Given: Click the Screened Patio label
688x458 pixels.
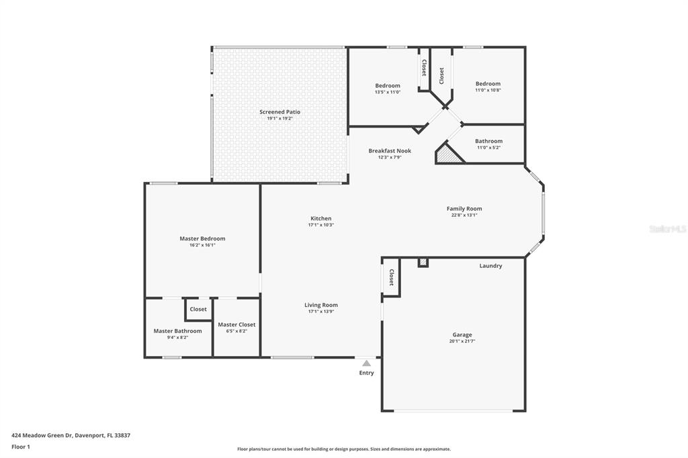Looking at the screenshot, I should click(279, 112).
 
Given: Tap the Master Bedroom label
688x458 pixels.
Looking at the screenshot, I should click(202, 238).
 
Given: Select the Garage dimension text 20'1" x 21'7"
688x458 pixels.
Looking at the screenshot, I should click(462, 341).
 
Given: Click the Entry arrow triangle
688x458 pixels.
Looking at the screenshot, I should click(366, 363).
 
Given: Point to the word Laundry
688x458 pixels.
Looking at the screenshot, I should click(490, 266).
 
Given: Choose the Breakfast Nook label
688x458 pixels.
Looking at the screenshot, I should click(390, 151).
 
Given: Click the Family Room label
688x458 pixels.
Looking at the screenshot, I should click(464, 209).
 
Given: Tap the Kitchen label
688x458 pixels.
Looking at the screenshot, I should click(320, 218).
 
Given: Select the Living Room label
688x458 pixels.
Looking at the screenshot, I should click(320, 305).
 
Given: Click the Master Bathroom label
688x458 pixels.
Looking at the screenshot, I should click(177, 331).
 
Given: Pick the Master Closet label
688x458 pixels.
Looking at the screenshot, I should click(236, 325).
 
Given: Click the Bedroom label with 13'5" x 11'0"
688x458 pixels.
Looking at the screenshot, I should click(388, 85).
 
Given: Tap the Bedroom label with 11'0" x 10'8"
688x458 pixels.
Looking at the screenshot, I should click(488, 84).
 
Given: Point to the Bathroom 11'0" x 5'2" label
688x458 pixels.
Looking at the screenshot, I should click(488, 142).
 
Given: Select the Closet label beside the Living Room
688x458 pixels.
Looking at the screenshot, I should click(391, 277).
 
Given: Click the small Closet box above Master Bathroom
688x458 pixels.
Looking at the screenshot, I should click(198, 310).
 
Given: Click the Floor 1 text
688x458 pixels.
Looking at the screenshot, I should click(21, 447).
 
